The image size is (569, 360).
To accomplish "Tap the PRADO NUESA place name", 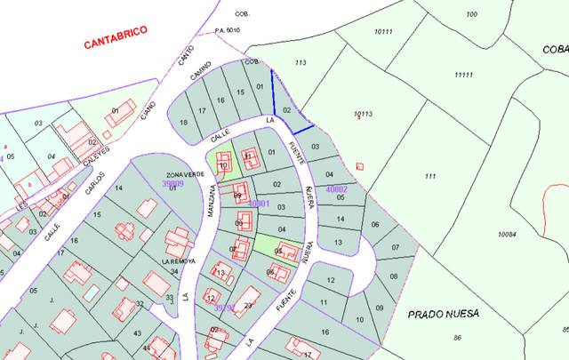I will coord(444,314).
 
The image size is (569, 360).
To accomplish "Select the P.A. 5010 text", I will coord(228,30).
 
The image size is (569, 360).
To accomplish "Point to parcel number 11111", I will coord(462,75).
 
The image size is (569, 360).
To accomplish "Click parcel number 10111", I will coord(383,31).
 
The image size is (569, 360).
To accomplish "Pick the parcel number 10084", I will coord(507,234).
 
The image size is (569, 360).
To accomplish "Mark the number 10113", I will coord(362,113).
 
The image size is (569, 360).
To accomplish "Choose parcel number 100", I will coord(471,14).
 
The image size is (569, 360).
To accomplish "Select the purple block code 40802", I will coord(337,188).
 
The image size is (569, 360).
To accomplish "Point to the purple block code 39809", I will coord(172,184).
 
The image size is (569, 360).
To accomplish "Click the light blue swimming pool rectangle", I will coord(91,292).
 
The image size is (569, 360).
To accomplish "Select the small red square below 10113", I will coord(360,166).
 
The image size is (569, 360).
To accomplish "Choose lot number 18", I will coord(184,122).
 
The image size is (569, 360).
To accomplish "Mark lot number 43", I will coord(137,332).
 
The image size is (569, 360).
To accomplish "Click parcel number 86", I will coord(457,338).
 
